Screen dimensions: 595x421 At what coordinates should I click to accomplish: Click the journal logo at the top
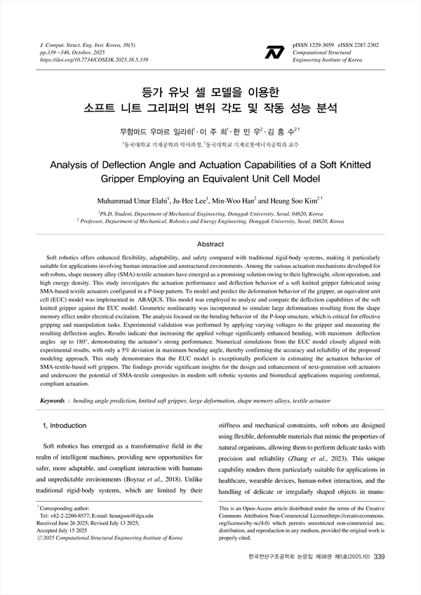272,51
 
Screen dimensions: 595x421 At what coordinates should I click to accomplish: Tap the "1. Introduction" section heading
65,425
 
